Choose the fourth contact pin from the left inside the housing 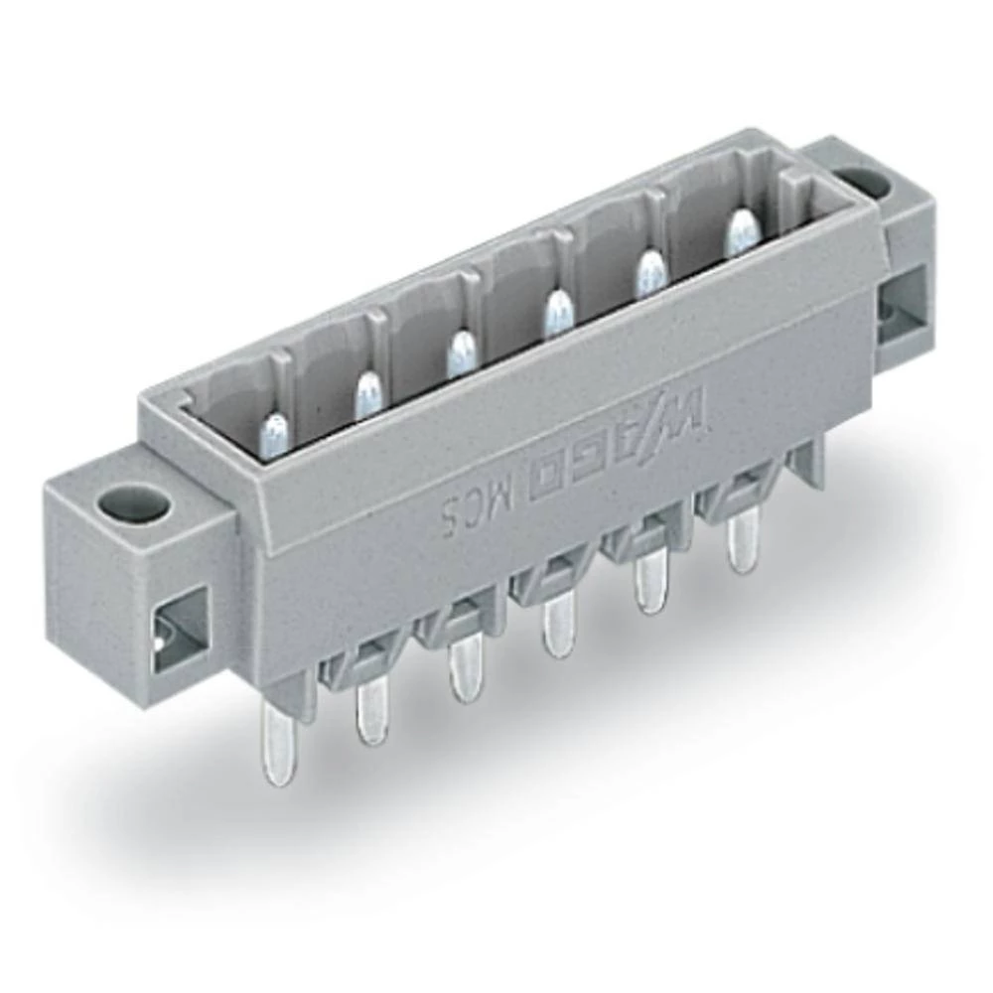click(x=557, y=313)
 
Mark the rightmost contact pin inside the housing click(x=740, y=232)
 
